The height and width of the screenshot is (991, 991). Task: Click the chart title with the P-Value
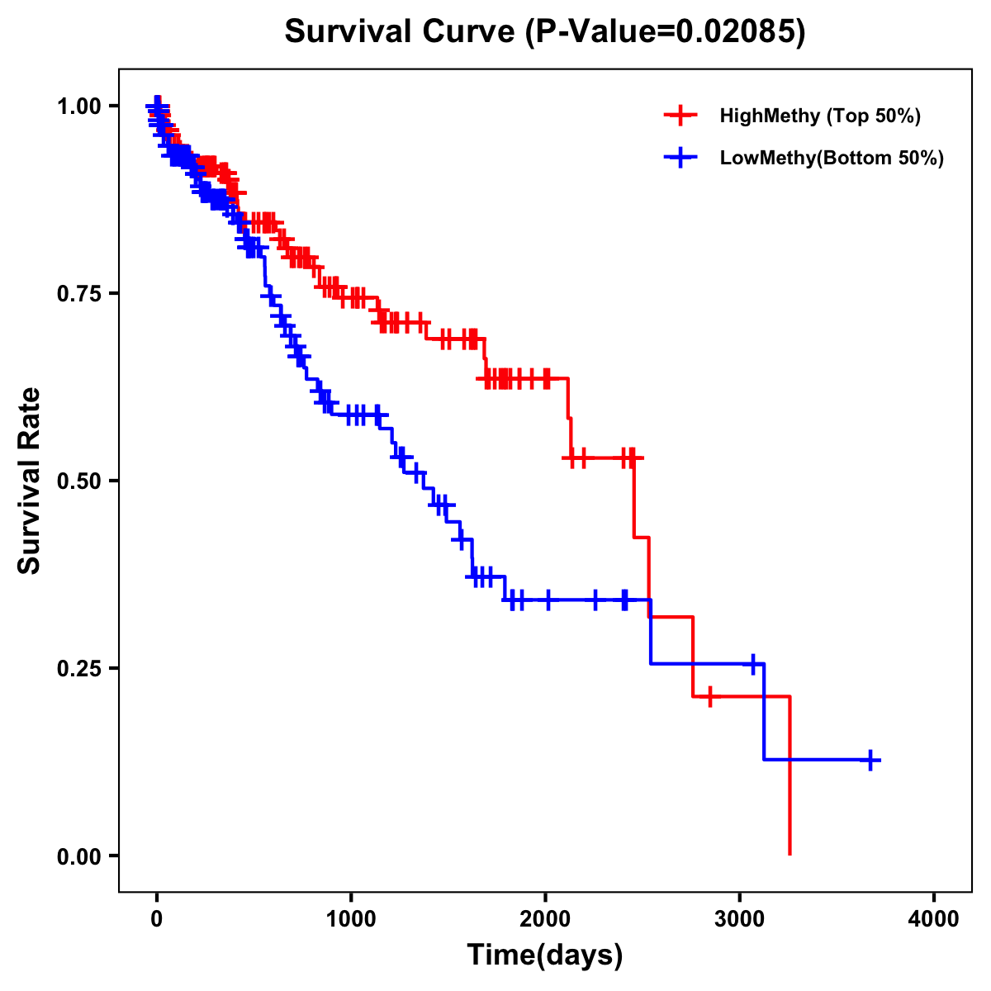[545, 31]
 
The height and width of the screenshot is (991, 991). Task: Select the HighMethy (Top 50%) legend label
[820, 116]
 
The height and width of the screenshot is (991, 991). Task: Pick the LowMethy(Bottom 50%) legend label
[832, 158]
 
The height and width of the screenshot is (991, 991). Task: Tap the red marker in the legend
[680, 116]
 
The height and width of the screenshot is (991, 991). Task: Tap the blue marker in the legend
[680, 158]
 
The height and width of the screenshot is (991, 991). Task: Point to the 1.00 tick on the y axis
[78, 106]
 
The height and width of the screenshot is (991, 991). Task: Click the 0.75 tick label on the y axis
[78, 293]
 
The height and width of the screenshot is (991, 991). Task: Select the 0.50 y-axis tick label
[78, 481]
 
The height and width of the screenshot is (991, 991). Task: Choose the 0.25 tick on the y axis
[78, 668]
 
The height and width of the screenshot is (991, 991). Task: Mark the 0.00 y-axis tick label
[78, 856]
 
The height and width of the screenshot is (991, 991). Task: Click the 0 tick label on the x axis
[157, 919]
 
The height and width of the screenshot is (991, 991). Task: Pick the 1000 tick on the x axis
[351, 919]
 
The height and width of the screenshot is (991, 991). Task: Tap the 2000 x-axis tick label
[545, 919]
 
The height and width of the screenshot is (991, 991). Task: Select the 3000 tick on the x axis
[740, 919]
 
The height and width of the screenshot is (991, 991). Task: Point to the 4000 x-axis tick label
[934, 919]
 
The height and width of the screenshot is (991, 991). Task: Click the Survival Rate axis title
[30, 481]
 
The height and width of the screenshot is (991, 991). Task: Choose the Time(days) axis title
[545, 955]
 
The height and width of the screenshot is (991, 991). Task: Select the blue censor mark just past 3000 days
[752, 664]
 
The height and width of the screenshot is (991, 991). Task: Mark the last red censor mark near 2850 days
[709, 696]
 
